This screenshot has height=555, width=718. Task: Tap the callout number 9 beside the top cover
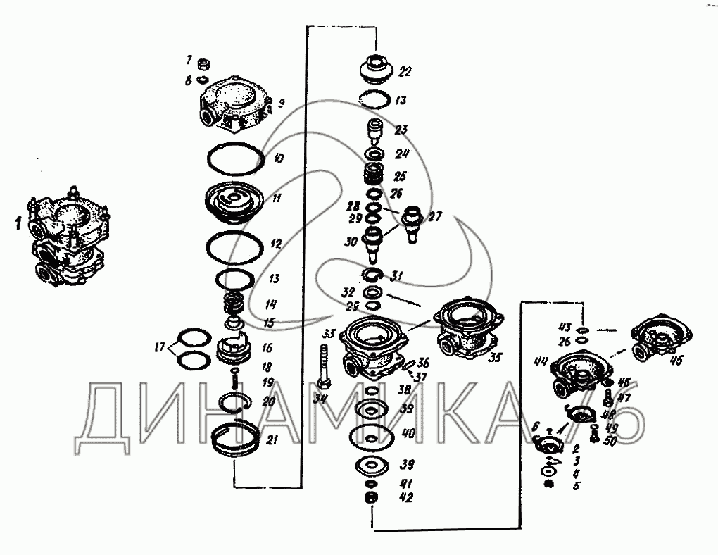(280, 104)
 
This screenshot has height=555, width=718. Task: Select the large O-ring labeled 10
(235, 158)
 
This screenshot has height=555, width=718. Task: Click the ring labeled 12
(235, 245)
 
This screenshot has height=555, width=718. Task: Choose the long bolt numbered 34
(324, 366)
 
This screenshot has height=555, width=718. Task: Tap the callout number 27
(434, 217)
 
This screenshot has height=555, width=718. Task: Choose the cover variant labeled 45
(662, 338)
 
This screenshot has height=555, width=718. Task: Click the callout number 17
(160, 346)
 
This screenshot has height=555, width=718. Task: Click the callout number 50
(610, 441)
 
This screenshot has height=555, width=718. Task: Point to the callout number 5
(576, 486)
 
